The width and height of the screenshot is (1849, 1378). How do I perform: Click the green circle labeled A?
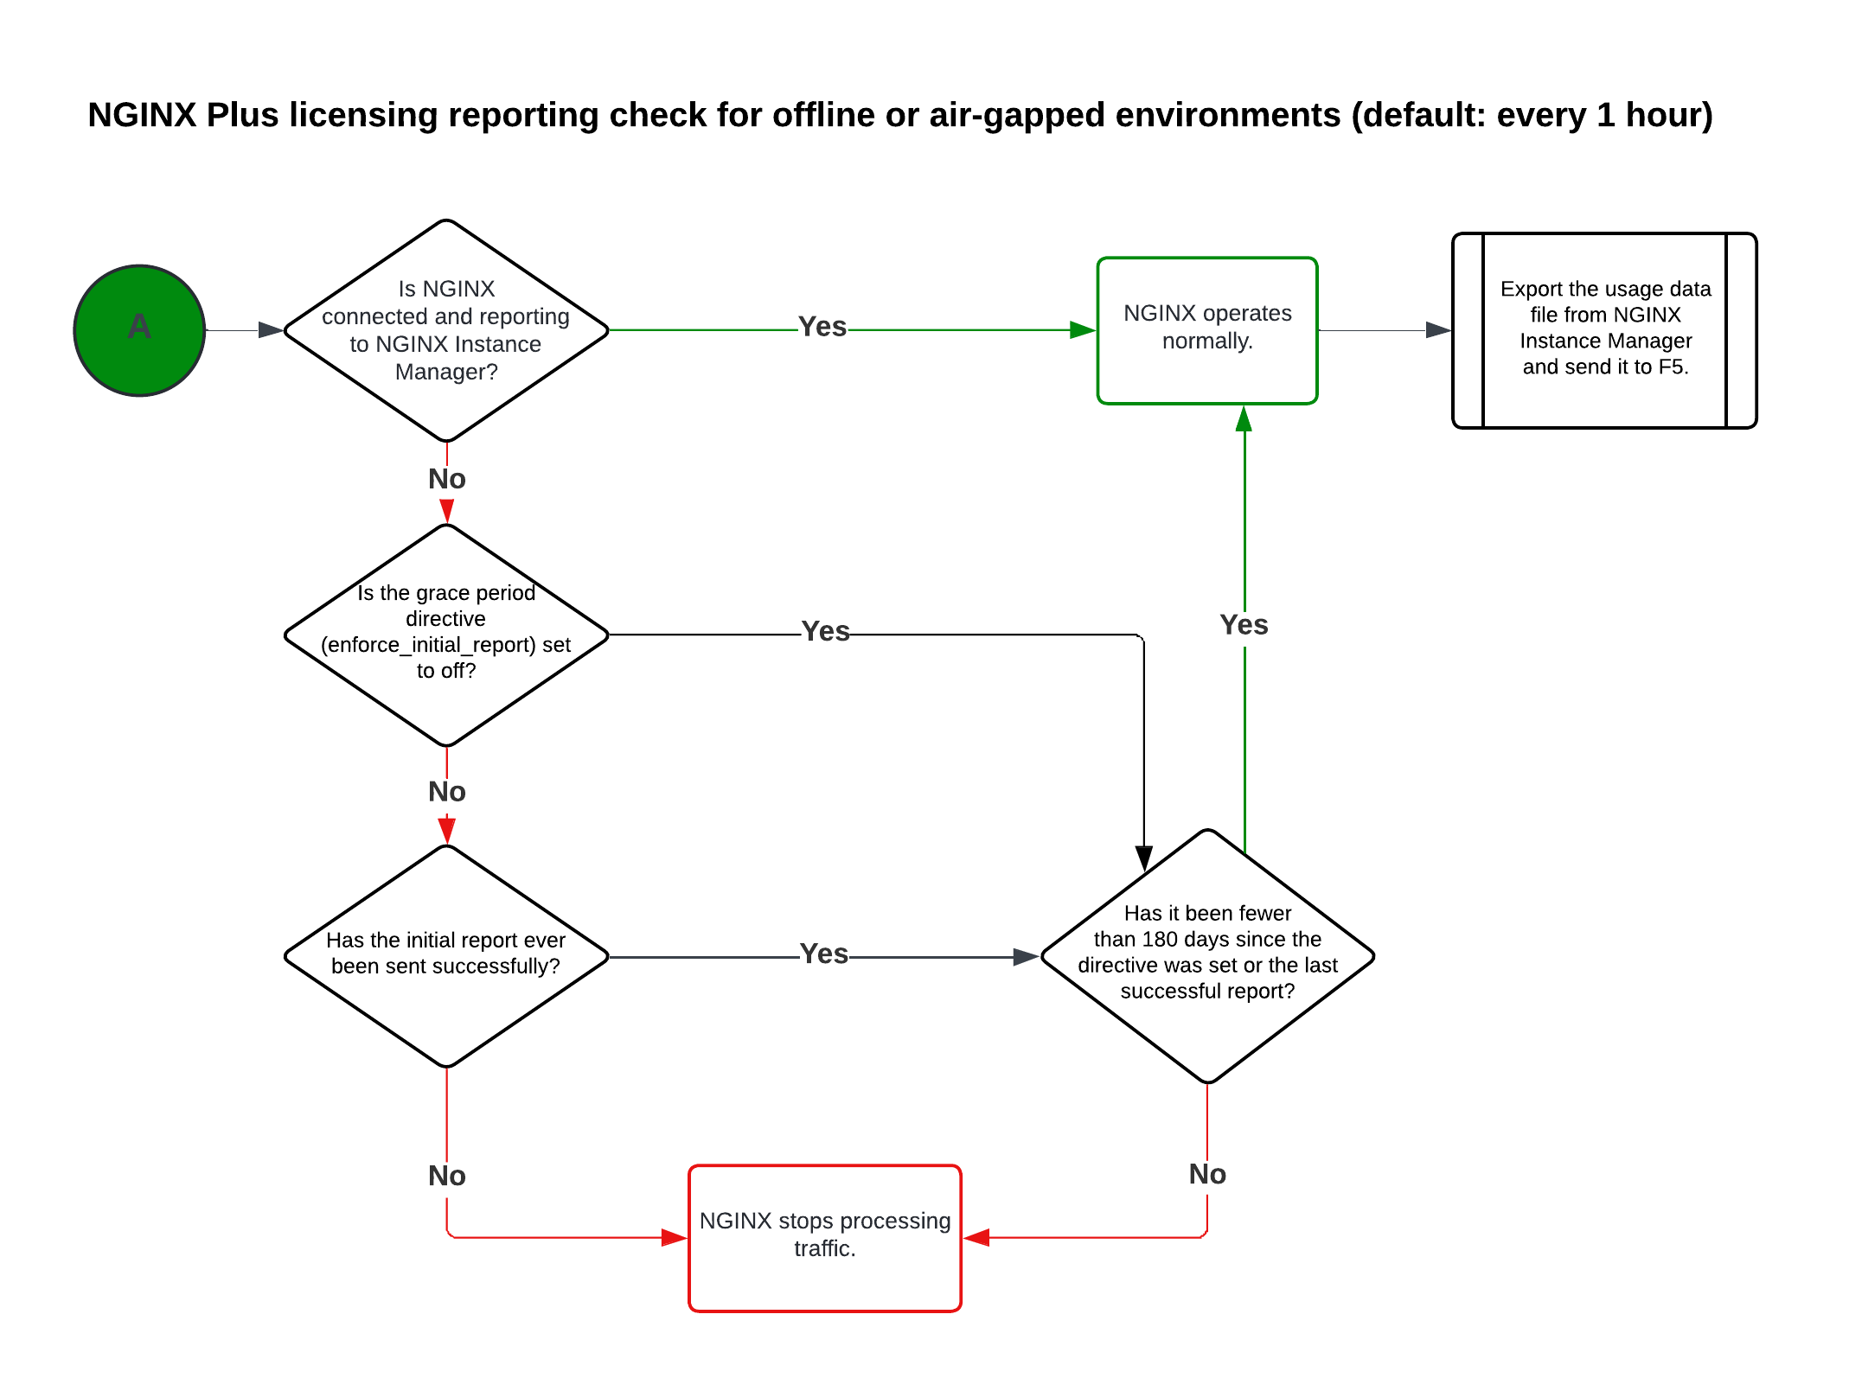pos(139,330)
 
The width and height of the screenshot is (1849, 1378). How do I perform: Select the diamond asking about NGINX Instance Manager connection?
pos(446,330)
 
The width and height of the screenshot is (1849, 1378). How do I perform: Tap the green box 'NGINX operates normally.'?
pos(1206,330)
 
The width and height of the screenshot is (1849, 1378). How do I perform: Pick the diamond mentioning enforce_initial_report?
pos(446,635)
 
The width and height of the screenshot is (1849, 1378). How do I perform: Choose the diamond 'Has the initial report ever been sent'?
pos(446,955)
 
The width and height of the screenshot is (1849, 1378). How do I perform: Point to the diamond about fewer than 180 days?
pos(1207,955)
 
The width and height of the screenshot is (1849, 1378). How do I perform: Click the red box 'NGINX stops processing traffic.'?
pos(824,1237)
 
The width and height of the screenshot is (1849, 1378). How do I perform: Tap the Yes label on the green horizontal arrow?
pos(822,327)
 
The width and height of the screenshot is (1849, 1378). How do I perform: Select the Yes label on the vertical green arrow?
pos(1244,625)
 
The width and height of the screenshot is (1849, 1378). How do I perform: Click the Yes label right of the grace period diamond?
pos(825,631)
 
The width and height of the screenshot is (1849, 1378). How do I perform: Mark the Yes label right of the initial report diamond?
pos(823,954)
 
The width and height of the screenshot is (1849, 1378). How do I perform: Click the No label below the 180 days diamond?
pos(1207,1174)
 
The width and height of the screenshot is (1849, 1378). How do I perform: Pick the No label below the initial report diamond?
pos(446,1176)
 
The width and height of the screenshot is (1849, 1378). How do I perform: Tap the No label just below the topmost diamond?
pos(446,479)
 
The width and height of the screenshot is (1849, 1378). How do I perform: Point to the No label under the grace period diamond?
pos(446,792)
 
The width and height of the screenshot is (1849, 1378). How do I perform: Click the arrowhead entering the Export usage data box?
pos(1438,330)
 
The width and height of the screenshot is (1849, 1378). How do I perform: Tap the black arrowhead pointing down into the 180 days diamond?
pos(1143,858)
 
